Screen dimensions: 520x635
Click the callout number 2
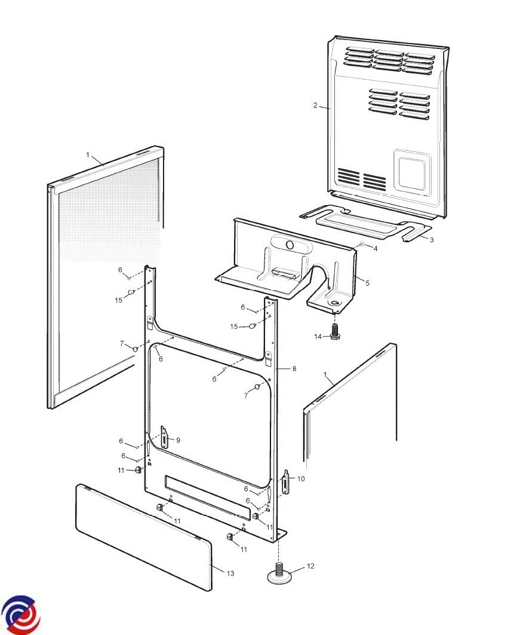tap(315, 106)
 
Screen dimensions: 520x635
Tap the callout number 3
tap(432, 240)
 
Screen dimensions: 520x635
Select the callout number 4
tap(376, 249)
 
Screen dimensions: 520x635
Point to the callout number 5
tap(367, 283)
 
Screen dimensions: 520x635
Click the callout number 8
tap(294, 368)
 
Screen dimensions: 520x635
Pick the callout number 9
tap(178, 440)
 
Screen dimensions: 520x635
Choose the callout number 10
tap(301, 479)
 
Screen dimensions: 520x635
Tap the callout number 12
tap(310, 566)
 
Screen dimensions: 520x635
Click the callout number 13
tap(230, 573)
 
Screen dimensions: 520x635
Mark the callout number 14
tap(318, 337)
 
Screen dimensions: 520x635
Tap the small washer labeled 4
tap(362, 244)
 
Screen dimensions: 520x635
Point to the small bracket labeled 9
tap(164, 437)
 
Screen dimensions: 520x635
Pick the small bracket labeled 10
tap(286, 482)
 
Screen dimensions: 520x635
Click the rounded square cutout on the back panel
tap(412, 171)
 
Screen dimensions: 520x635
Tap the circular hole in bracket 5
tap(290, 245)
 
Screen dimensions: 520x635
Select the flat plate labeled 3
tap(366, 224)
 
